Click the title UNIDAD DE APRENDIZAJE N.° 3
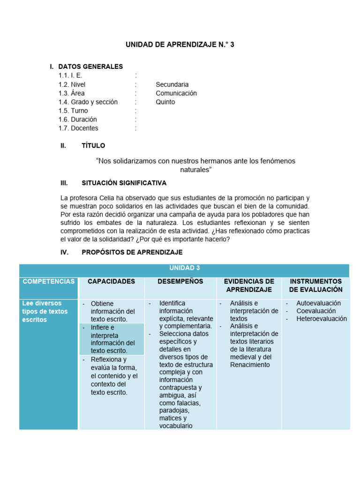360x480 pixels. coord(180,45)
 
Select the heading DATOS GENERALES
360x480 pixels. coord(90,67)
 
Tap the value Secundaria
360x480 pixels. coord(172,84)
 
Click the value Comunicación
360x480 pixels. coord(176,93)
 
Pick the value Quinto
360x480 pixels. coord(165,102)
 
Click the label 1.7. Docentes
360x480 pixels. coord(78,128)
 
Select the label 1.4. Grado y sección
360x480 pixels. coord(88,102)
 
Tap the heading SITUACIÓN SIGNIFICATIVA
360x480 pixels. coord(124,183)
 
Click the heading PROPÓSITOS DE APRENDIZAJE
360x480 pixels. coord(132,252)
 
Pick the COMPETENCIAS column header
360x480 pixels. coord(48,281)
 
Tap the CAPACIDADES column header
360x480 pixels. coord(111,281)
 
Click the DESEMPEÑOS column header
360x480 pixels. coord(180,281)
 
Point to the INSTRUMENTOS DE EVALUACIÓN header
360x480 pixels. coord(315,285)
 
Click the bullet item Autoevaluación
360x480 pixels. coord(318,303)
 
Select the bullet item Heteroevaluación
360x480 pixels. coord(322,319)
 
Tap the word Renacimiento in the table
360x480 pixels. coord(250,364)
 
